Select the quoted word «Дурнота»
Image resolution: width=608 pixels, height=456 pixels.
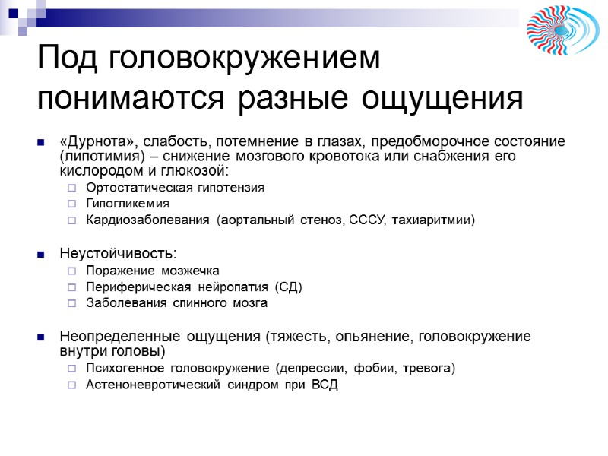pyautogui.click(x=95, y=142)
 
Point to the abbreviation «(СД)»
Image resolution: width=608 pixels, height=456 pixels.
pyautogui.click(x=288, y=287)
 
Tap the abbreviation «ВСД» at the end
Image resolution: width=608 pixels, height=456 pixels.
pyautogui.click(x=323, y=385)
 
